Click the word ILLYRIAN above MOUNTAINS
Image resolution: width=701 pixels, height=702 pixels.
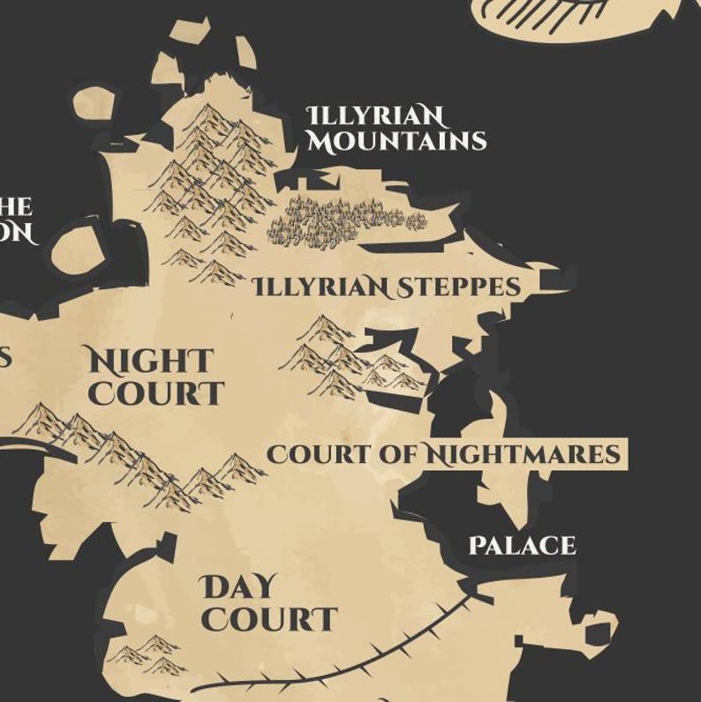pyautogui.click(x=375, y=116)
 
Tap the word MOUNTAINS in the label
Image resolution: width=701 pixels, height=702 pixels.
pyautogui.click(x=396, y=140)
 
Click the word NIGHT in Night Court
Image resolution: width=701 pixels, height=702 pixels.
pyautogui.click(x=149, y=361)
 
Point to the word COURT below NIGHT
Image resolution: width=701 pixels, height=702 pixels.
pyautogui.click(x=155, y=393)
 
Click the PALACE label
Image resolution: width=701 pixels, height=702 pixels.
pyautogui.click(x=522, y=546)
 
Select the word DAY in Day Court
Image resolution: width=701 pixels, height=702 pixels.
pyautogui.click(x=238, y=586)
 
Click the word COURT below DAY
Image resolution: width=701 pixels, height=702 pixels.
pyautogui.click(x=268, y=619)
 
